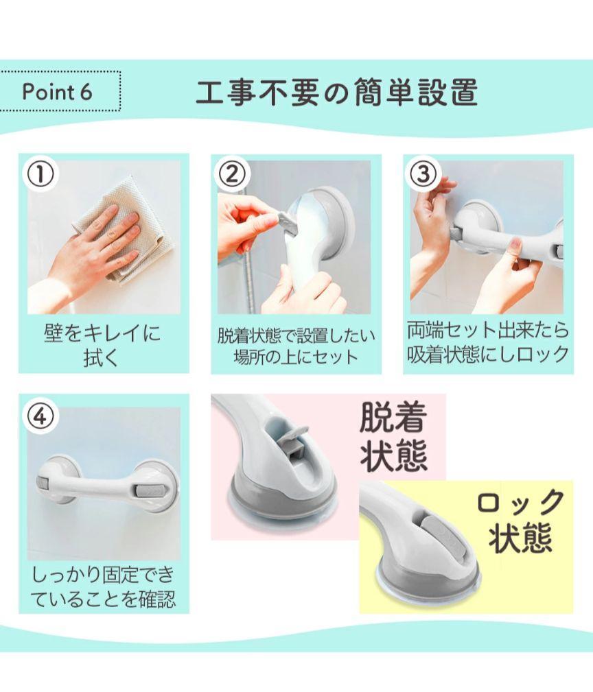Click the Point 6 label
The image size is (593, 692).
57,92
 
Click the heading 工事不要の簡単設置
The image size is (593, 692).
337,92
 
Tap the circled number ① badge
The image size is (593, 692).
40,174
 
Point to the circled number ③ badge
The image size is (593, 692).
423,174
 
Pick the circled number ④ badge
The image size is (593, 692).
40,416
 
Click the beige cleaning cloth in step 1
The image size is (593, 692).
123,230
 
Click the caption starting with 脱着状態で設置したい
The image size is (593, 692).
296,346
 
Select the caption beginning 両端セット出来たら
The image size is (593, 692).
488,343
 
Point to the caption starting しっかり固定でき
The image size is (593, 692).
104,587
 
